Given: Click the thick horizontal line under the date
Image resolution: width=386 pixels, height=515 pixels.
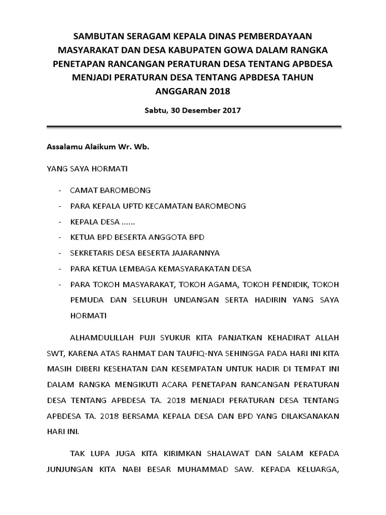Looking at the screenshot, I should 194,126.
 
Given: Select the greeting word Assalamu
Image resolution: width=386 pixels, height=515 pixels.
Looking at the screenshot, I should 64,148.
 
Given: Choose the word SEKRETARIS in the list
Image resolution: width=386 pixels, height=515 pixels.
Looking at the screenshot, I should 92,252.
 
